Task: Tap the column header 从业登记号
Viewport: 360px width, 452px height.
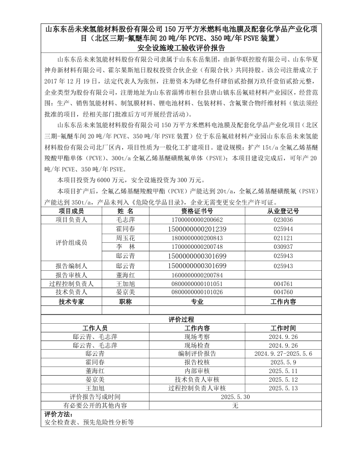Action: [x=283, y=211]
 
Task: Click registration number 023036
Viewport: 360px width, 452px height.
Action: [x=283, y=220]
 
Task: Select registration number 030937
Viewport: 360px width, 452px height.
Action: [x=283, y=247]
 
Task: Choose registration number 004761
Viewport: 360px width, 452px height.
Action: [x=283, y=284]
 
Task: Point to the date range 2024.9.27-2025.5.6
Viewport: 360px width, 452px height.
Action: [x=283, y=353]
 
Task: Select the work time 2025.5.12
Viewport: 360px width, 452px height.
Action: [x=283, y=379]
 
